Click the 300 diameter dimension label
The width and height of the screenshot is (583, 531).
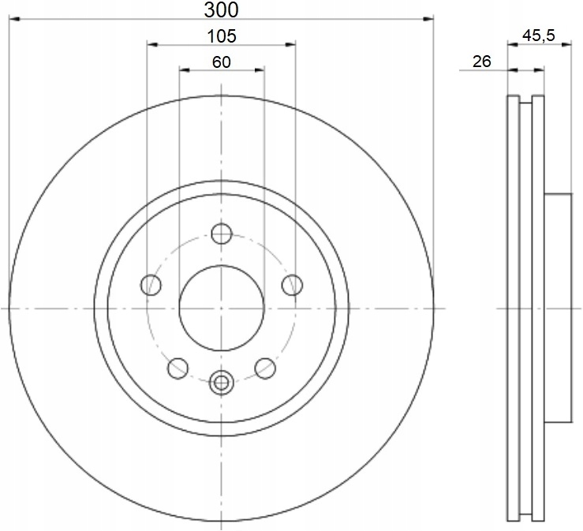point(221,10)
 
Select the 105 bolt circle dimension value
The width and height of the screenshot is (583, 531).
point(222,36)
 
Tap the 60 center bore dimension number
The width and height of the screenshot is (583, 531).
point(222,62)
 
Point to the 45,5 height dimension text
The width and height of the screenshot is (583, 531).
point(539,36)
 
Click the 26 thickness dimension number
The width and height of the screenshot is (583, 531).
point(482,62)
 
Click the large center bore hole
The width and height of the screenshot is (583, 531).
point(222,308)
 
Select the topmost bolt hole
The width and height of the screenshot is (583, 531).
point(222,234)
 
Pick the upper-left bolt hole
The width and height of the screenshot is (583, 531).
point(151,285)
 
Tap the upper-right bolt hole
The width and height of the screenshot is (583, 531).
point(292,285)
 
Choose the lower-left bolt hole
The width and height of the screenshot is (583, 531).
point(178,368)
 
